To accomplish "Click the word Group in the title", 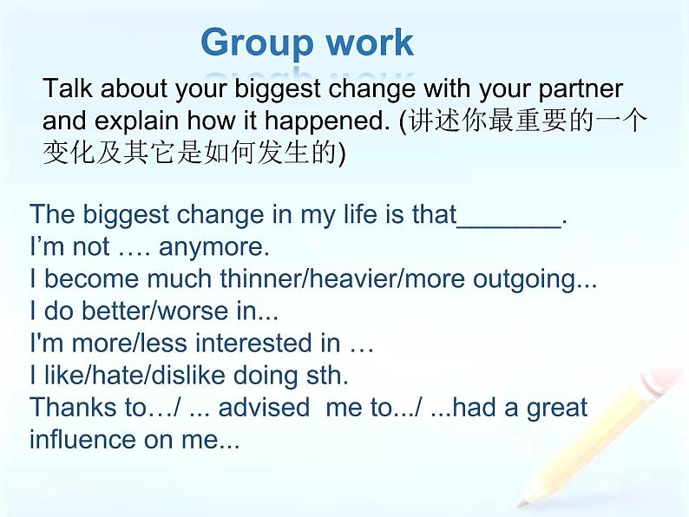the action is tap(258, 43).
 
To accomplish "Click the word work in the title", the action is tap(370, 43).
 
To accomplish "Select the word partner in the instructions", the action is tap(581, 89).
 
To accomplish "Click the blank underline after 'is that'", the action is tap(509, 226).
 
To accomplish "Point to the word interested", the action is tap(268, 343).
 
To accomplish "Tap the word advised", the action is tap(264, 407).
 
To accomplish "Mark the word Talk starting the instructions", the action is tap(68, 88).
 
